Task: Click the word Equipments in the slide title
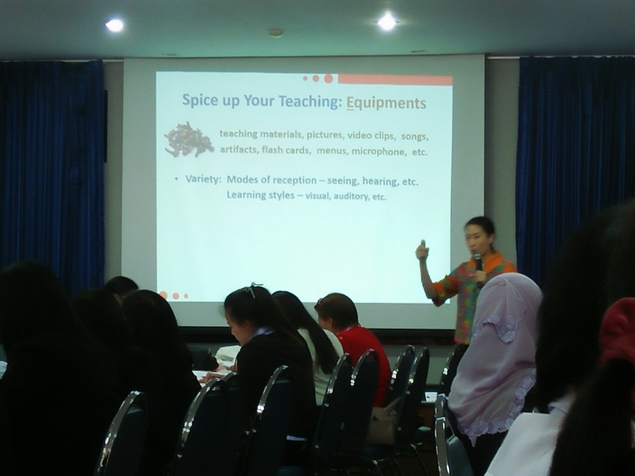point(387,103)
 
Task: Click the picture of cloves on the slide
point(189,140)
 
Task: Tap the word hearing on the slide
point(380,182)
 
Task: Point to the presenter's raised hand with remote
point(422,250)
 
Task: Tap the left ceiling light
point(114,25)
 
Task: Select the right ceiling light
point(387,22)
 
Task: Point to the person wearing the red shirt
point(357,344)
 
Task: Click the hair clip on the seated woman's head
point(254,289)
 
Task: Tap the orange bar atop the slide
point(395,80)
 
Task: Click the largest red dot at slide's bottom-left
point(164,295)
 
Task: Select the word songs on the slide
point(414,136)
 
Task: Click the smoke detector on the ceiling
point(275,33)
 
